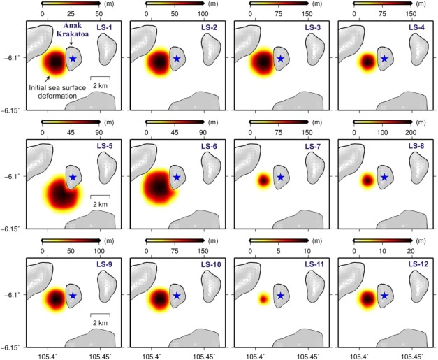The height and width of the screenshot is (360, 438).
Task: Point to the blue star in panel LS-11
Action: [279, 296]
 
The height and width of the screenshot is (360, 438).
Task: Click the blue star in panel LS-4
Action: [384, 59]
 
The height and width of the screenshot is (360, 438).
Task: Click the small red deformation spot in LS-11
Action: [263, 299]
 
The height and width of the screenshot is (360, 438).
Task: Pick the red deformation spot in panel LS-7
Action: [263, 181]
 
